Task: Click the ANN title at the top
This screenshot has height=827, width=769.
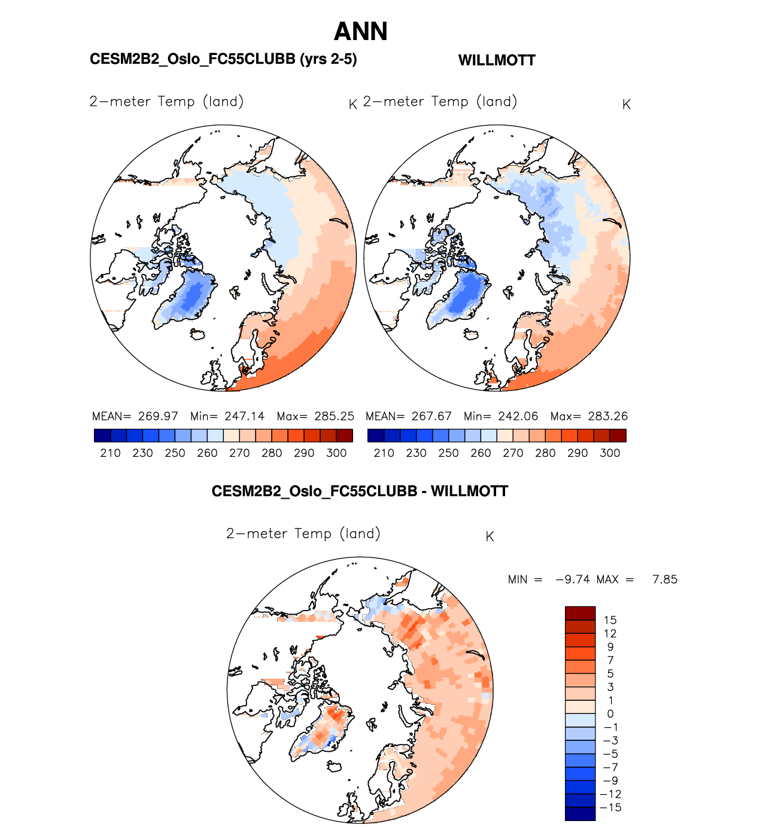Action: tap(361, 32)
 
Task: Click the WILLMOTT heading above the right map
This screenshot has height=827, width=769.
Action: tap(497, 60)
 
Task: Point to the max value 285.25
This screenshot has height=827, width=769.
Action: tap(334, 416)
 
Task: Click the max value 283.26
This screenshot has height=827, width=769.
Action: tap(607, 416)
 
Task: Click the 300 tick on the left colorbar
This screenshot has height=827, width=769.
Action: tap(336, 453)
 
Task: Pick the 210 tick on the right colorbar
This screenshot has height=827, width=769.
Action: tap(384, 453)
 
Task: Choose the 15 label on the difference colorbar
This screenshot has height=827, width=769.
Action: tap(610, 620)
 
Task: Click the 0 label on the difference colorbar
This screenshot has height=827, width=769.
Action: tap(610, 714)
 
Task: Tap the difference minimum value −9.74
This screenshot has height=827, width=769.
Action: tap(573, 579)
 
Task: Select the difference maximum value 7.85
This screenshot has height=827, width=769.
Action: tap(665, 579)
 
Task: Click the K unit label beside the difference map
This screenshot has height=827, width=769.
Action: tap(490, 537)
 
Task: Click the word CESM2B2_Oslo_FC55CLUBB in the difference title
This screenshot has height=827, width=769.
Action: tap(314, 492)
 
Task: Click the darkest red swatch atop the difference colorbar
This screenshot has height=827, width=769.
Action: tap(580, 614)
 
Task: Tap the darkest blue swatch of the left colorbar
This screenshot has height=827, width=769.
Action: tap(102, 435)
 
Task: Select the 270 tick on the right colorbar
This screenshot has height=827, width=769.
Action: tap(513, 453)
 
